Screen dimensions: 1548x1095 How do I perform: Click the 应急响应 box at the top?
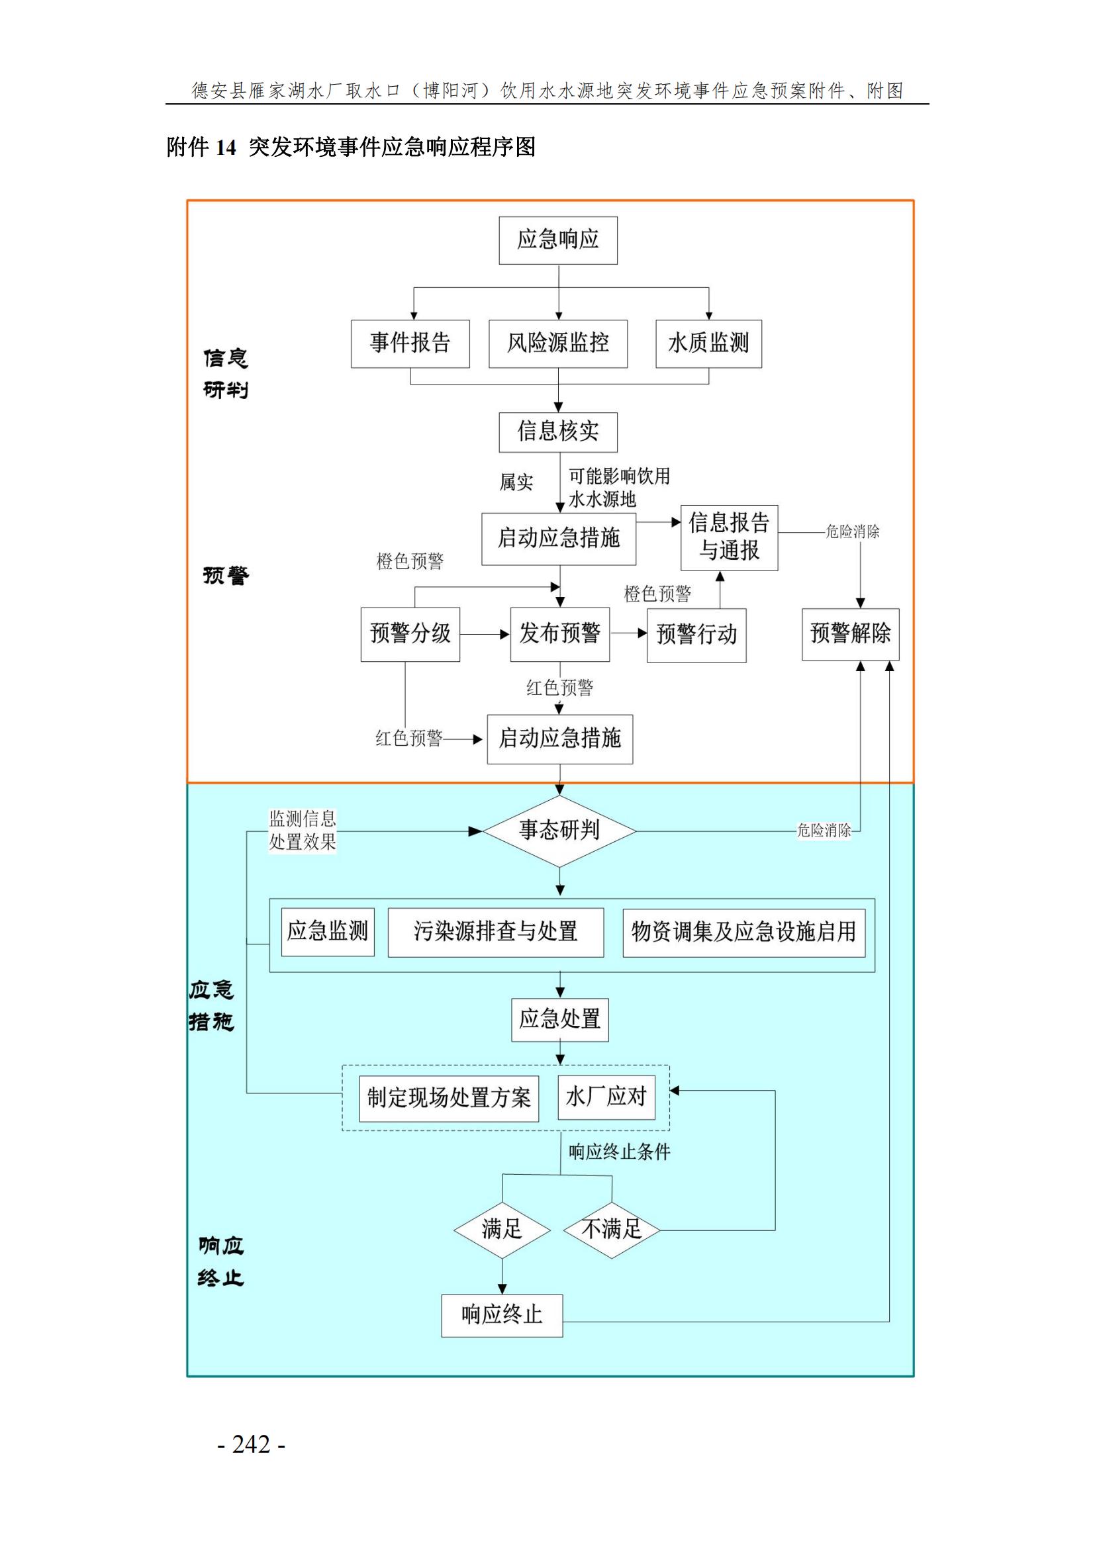[x=557, y=240]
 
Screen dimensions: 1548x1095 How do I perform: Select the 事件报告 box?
[x=410, y=344]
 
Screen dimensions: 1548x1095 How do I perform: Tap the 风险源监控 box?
[x=557, y=344]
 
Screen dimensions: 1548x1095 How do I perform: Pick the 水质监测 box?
[x=708, y=344]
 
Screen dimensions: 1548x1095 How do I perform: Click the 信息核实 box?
[x=557, y=432]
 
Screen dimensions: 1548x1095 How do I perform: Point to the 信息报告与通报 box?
[x=729, y=537]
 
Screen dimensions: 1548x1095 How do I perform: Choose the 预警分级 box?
[x=410, y=634]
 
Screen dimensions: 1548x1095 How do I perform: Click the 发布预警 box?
[x=559, y=634]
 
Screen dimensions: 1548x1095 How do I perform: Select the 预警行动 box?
[x=696, y=635]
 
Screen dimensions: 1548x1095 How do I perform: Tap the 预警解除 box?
[x=850, y=634]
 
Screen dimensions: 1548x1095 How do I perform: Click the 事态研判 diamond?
[x=559, y=831]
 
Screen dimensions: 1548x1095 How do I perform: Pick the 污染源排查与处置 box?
[x=496, y=933]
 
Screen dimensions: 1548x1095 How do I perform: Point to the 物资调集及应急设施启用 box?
[x=743, y=933]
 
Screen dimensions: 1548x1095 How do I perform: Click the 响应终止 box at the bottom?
[x=502, y=1315]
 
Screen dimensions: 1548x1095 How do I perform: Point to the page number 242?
[x=252, y=1444]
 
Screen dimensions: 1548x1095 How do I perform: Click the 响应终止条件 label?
[x=619, y=1152]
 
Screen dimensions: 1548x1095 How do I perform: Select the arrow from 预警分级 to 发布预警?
[x=485, y=635]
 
